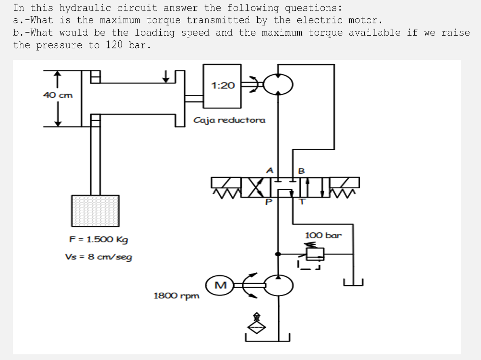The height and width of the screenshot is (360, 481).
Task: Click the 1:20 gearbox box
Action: [222, 86]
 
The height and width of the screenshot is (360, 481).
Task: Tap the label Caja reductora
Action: [229, 120]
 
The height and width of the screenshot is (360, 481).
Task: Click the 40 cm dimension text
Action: [58, 95]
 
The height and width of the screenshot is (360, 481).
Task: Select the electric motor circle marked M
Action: [220, 285]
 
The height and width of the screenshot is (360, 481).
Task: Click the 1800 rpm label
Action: [176, 296]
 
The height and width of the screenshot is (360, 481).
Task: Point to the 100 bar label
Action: [323, 235]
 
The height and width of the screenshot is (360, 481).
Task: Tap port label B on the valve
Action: [301, 171]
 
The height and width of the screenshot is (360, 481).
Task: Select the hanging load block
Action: [95, 211]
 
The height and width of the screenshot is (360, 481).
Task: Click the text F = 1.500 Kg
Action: [99, 239]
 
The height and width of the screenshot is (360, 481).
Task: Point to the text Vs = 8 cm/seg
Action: [98, 257]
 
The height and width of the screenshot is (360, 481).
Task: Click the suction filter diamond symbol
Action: [255, 327]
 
